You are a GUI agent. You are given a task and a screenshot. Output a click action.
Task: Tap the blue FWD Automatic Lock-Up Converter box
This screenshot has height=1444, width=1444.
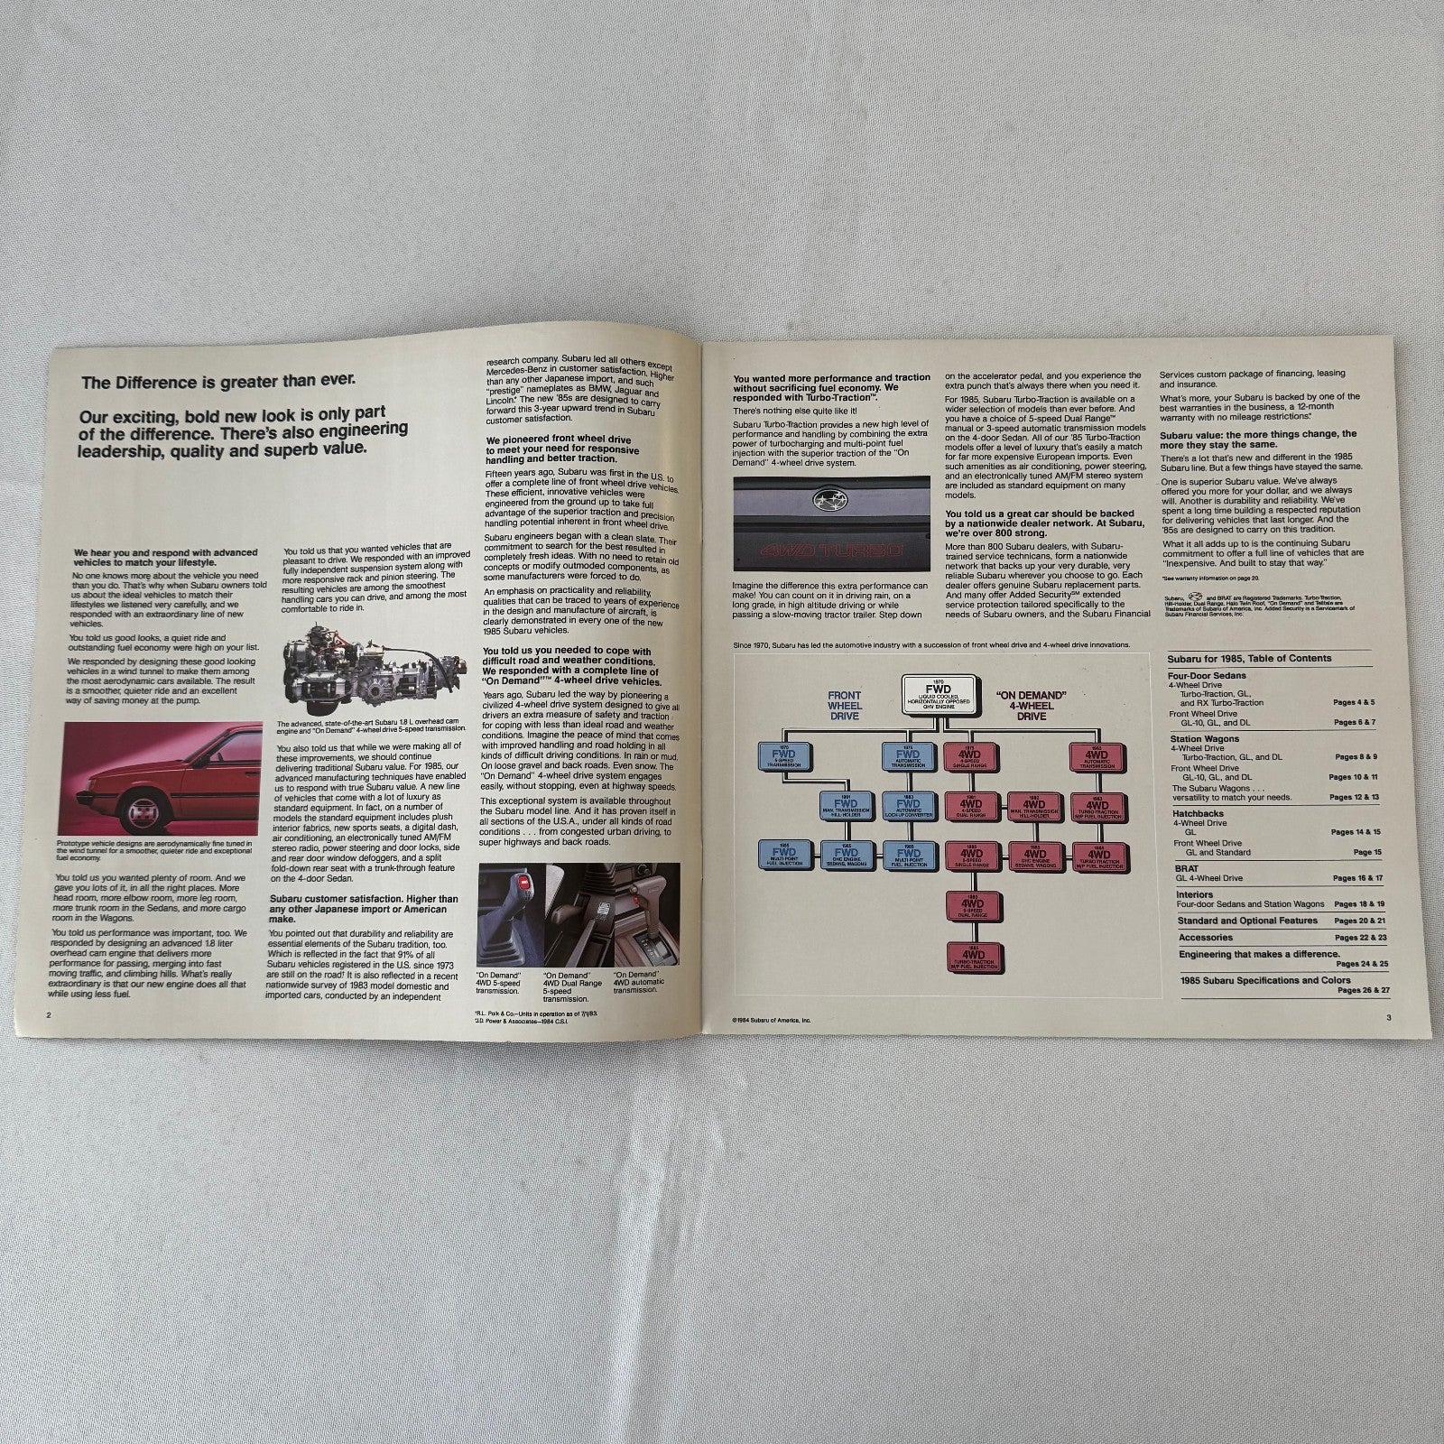coord(904,803)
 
